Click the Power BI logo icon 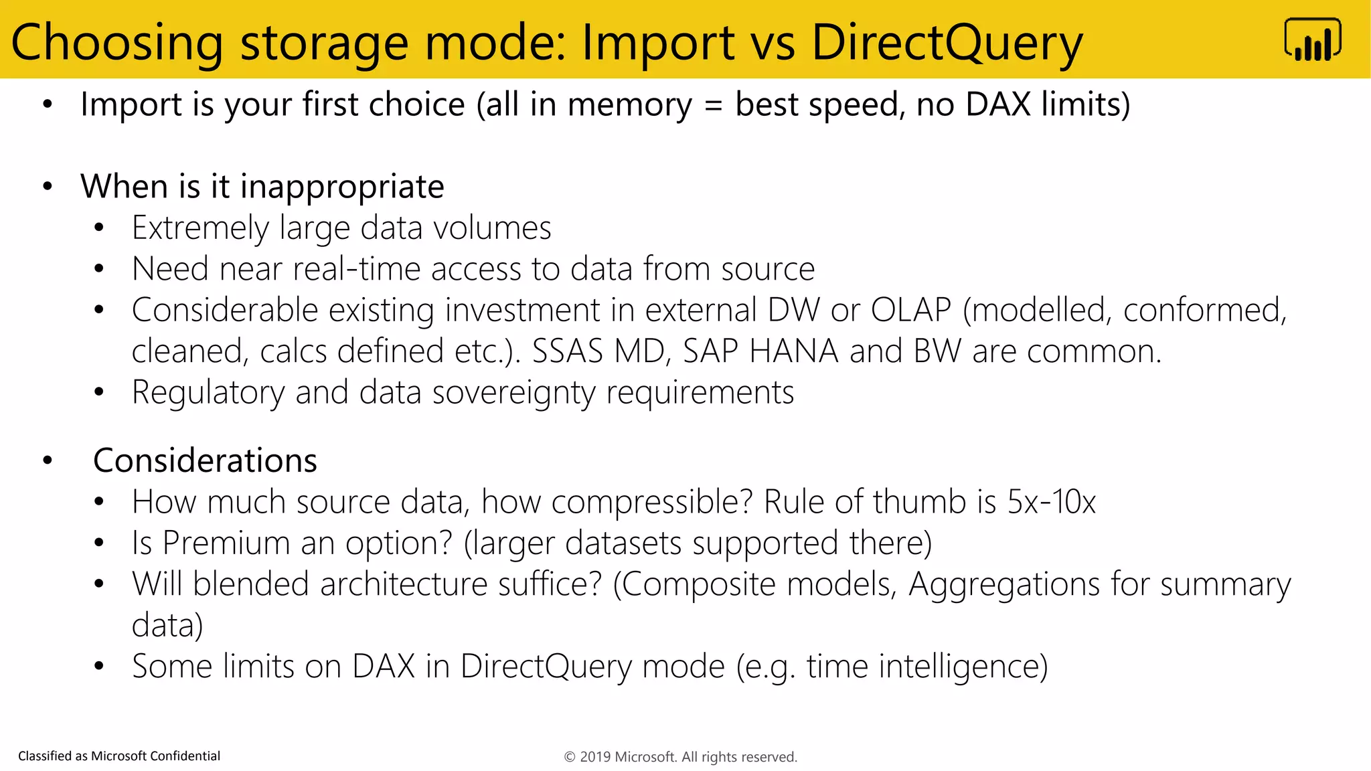tap(1312, 40)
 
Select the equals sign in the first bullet tap(714, 105)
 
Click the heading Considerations tap(205, 460)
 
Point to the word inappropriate tap(342, 187)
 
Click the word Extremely tap(199, 228)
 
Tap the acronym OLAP tap(910, 310)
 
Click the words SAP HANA tap(760, 351)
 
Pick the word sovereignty tap(513, 393)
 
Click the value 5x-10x tap(1051, 501)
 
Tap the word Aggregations tap(1003, 584)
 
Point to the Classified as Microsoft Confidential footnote tap(119, 756)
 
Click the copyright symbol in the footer tap(570, 757)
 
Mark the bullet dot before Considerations tap(48, 460)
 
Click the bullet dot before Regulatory tap(99, 393)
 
